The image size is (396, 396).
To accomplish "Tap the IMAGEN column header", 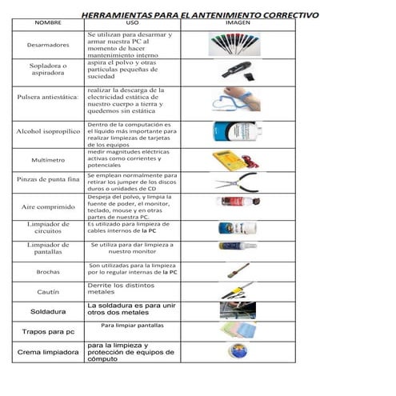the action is (238, 24).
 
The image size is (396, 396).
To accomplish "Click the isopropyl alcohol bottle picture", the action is (234, 132).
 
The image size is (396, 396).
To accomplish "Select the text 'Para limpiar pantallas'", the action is (132, 326).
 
